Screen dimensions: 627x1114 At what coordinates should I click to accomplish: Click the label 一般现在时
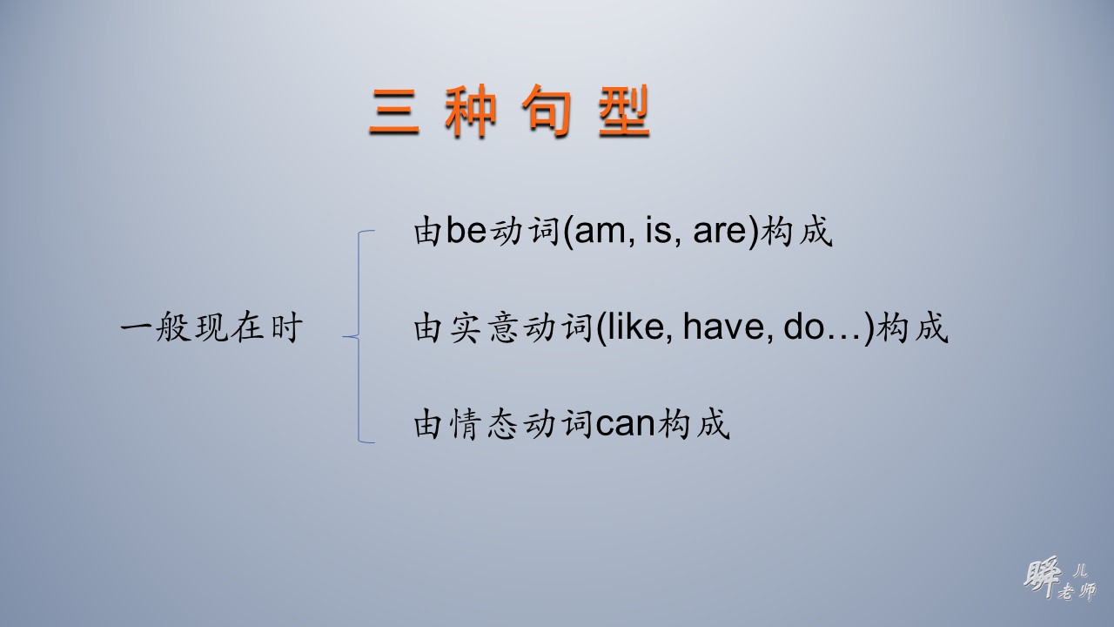pyautogui.click(x=211, y=329)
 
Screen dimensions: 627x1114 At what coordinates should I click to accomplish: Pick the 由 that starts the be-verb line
pyautogui.click(x=428, y=233)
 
